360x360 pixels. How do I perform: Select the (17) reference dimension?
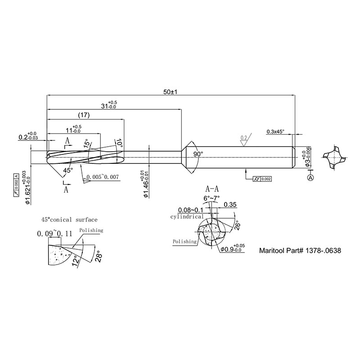[x=84, y=115]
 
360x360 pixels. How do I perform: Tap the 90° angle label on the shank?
[x=198, y=154]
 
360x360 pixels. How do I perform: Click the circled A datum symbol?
[x=310, y=178]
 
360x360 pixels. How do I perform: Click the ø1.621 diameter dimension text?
[x=27, y=189]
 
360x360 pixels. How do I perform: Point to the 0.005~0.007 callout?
[x=103, y=177]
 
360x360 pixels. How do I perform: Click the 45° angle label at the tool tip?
[x=68, y=171]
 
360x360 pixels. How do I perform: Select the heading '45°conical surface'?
[x=69, y=220]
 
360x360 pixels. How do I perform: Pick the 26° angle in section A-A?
[x=237, y=224]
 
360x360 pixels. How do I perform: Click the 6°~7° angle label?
[x=213, y=198]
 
